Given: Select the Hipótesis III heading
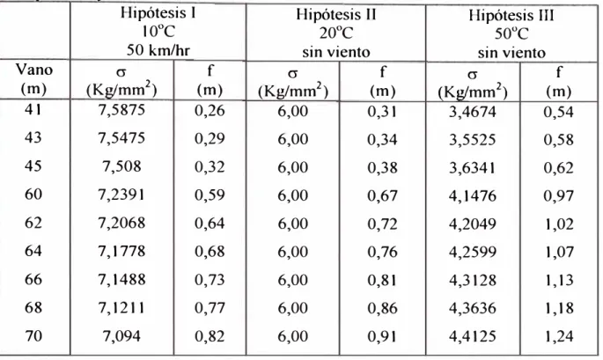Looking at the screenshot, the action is click(511, 15).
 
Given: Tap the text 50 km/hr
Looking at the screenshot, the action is click(158, 50).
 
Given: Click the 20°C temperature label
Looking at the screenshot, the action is click(335, 33).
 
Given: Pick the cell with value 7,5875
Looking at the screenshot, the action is click(121, 110).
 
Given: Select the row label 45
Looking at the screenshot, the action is click(33, 166).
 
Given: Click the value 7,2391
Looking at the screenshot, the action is click(121, 195).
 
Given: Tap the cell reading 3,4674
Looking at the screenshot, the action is click(472, 112).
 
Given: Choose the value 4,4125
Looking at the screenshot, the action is click(472, 336).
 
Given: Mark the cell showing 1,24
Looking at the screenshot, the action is click(558, 336).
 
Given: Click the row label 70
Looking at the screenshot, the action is click(33, 335).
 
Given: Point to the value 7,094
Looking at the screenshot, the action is click(121, 336).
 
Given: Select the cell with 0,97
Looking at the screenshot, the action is click(558, 196).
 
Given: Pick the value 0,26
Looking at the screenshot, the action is click(210, 111).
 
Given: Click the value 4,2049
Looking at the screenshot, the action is click(472, 224).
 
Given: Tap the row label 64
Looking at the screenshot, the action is click(33, 251).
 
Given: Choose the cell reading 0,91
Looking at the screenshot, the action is click(382, 336).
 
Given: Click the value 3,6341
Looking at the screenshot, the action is click(472, 168).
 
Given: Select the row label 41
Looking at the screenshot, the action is click(33, 110).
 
